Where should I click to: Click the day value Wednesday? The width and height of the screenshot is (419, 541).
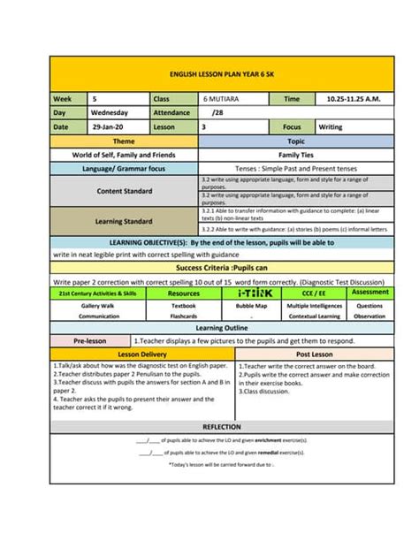coord(111,113)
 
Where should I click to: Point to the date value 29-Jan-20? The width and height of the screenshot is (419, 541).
coord(109,127)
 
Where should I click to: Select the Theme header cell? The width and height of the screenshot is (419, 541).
coord(125,141)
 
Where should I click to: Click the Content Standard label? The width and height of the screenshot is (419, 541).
coord(125,191)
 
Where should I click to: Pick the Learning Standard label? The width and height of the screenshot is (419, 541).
coord(125,221)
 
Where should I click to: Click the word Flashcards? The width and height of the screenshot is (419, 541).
coord(184,316)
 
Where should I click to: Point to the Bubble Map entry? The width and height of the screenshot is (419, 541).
coord(251,305)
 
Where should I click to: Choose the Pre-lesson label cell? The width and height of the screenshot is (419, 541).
coord(90,340)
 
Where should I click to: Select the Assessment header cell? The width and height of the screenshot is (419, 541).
coord(369,292)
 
